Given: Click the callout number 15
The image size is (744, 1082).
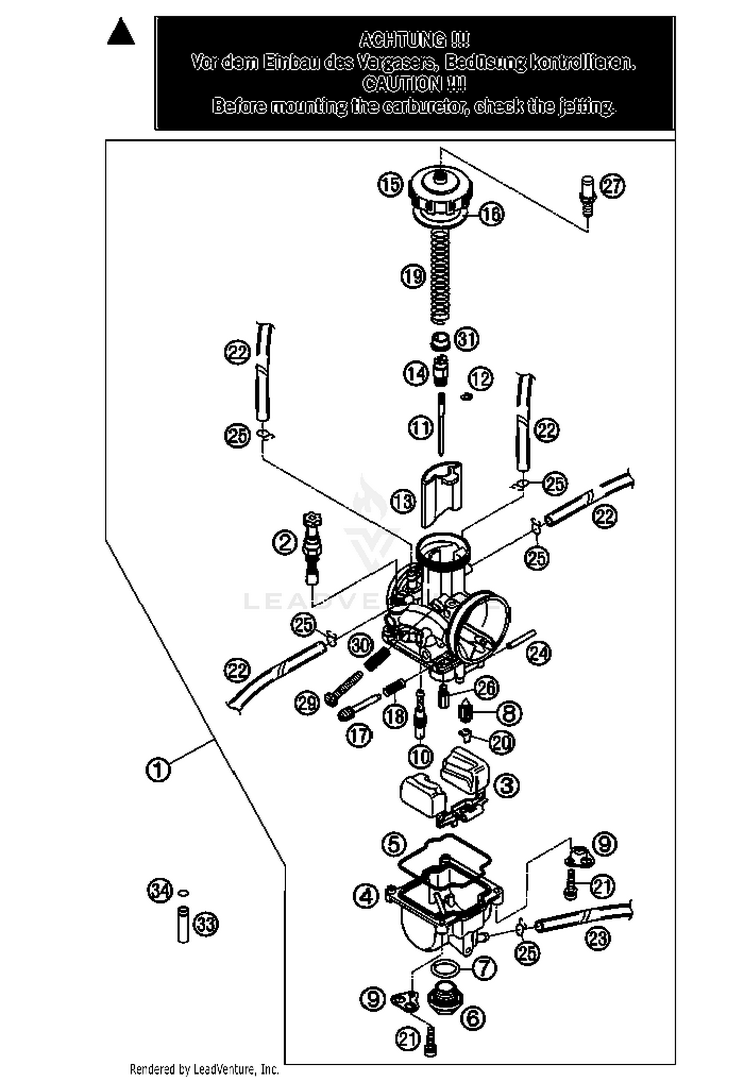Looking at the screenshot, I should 390,185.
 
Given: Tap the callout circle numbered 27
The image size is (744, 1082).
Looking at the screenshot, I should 613,187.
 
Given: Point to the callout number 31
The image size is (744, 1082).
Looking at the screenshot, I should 467,339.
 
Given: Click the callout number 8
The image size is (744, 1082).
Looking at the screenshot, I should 509,713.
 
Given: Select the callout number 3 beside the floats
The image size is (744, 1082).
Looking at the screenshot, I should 507,785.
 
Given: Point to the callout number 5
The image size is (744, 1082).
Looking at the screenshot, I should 394,844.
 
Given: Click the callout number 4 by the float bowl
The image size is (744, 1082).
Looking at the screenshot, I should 366,896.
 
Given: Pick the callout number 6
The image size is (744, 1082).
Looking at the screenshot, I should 473,1018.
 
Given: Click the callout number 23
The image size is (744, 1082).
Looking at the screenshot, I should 598,938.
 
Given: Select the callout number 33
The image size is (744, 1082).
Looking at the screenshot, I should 205,924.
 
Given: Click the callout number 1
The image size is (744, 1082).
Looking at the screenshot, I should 158,770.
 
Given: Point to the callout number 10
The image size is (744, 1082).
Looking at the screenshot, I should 421,757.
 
